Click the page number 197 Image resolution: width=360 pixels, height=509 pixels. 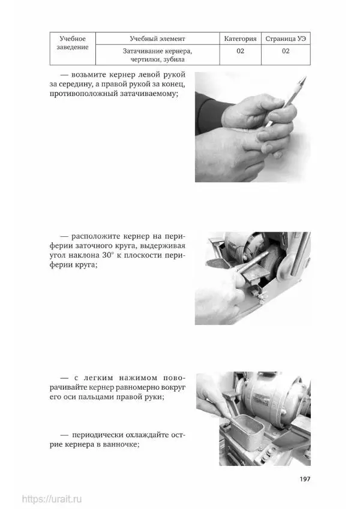click(x=305, y=479)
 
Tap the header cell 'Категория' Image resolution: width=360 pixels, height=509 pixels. click(x=240, y=38)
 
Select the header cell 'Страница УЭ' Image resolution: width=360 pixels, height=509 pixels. click(x=286, y=38)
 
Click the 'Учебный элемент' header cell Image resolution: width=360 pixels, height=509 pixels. click(x=157, y=38)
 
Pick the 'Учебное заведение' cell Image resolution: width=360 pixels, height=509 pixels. click(x=73, y=49)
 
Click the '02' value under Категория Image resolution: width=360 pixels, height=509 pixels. click(x=240, y=51)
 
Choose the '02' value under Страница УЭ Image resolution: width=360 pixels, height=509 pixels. click(x=286, y=51)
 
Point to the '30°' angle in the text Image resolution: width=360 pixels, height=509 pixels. click(x=109, y=255)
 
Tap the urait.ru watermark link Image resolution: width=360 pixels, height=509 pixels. click(x=52, y=499)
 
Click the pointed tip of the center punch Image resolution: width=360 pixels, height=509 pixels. click(x=305, y=77)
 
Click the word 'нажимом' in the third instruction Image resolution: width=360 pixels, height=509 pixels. click(x=138, y=378)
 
